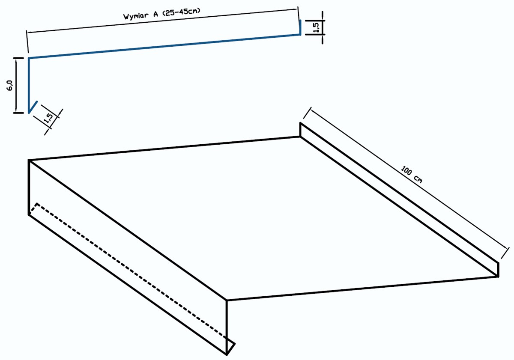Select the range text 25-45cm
(x=182, y=12)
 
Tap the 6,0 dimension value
(x=10, y=85)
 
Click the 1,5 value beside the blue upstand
(x=316, y=27)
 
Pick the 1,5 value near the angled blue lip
(x=49, y=118)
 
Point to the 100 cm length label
(x=412, y=175)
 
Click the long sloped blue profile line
(x=164, y=47)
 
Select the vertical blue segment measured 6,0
(x=29, y=85)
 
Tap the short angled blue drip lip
(x=33, y=107)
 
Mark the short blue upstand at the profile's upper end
(x=300, y=27)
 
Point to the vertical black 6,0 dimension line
(x=16, y=86)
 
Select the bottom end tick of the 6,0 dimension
(x=18, y=113)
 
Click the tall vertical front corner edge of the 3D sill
(x=227, y=327)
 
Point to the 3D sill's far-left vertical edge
(x=29, y=187)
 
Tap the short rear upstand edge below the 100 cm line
(x=300, y=130)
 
